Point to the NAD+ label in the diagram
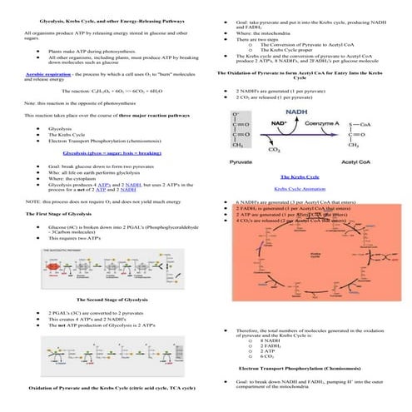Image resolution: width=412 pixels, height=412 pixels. coord(280,124)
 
